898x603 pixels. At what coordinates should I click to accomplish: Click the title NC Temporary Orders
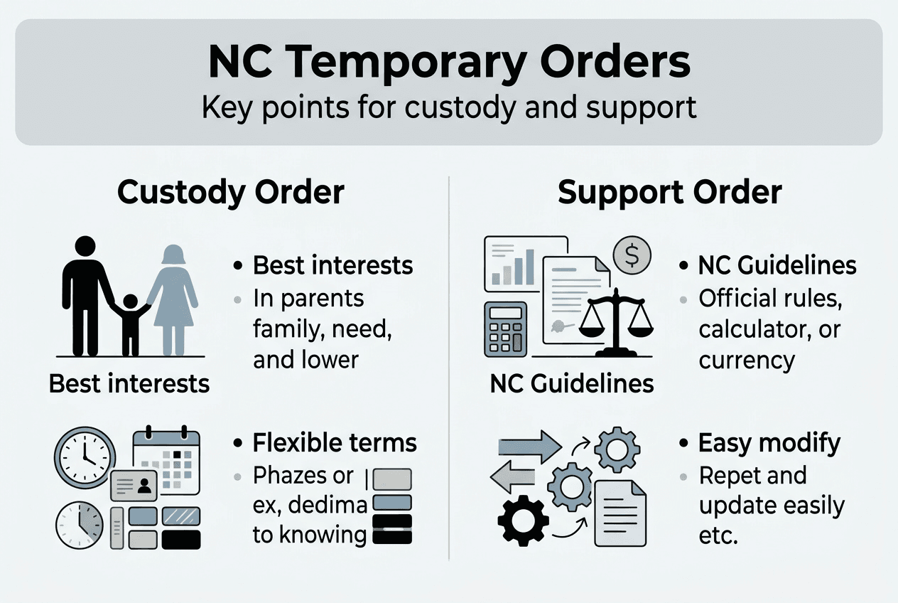coord(449,62)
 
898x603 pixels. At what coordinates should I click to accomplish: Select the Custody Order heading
coord(231,193)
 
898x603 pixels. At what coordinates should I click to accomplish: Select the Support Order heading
coord(670,193)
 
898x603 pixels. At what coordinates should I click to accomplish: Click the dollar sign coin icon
coord(631,254)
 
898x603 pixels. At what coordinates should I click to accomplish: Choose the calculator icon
coord(505,329)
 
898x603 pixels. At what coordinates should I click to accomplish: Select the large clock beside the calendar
coord(85,457)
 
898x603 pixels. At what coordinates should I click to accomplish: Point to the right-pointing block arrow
coord(530,447)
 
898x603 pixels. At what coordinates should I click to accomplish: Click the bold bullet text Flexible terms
coord(335,443)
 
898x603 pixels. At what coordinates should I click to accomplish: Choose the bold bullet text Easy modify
coord(769,443)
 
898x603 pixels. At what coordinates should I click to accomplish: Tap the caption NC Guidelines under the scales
coord(572,384)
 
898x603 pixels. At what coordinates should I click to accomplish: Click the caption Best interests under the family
coord(129,384)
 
